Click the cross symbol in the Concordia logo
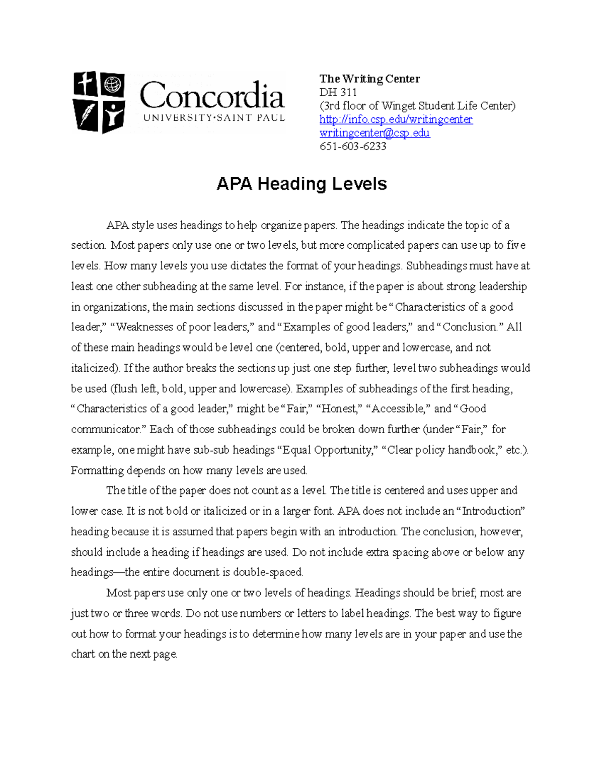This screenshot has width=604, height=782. [87, 84]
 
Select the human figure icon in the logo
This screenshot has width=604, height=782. [114, 116]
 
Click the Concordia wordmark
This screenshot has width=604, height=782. [212, 96]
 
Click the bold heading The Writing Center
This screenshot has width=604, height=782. [369, 79]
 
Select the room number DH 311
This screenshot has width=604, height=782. [338, 92]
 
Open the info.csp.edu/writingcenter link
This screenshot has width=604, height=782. [396, 119]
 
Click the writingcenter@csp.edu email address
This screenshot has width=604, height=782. [374, 133]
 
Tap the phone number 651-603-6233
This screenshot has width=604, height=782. [353, 147]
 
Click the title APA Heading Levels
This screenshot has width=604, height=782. [301, 184]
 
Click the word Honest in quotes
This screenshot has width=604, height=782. [339, 409]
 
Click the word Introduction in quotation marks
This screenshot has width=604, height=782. [491, 511]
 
